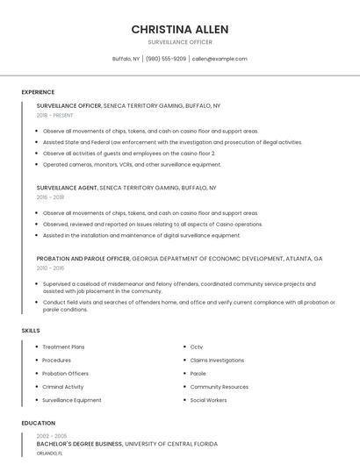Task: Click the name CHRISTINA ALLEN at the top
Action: point(179,29)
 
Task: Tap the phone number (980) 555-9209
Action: point(166,59)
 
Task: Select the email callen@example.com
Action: point(220,59)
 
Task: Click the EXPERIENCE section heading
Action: point(38,92)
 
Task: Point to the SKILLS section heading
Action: point(31,330)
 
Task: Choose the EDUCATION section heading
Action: point(39,423)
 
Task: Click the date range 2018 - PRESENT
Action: point(54,115)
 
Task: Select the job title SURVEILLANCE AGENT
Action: point(67,188)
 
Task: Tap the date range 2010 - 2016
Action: point(50,268)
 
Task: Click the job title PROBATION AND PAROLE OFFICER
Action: point(83,259)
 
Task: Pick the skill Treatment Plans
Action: point(63,347)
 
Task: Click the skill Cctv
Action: point(197,347)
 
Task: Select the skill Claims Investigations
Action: point(217,360)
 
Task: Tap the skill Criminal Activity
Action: point(63,386)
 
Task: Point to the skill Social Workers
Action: point(208,399)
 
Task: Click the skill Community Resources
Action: point(219,386)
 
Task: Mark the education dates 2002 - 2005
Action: point(52,436)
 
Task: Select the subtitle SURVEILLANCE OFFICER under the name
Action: point(179,41)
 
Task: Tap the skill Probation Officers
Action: point(64,373)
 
